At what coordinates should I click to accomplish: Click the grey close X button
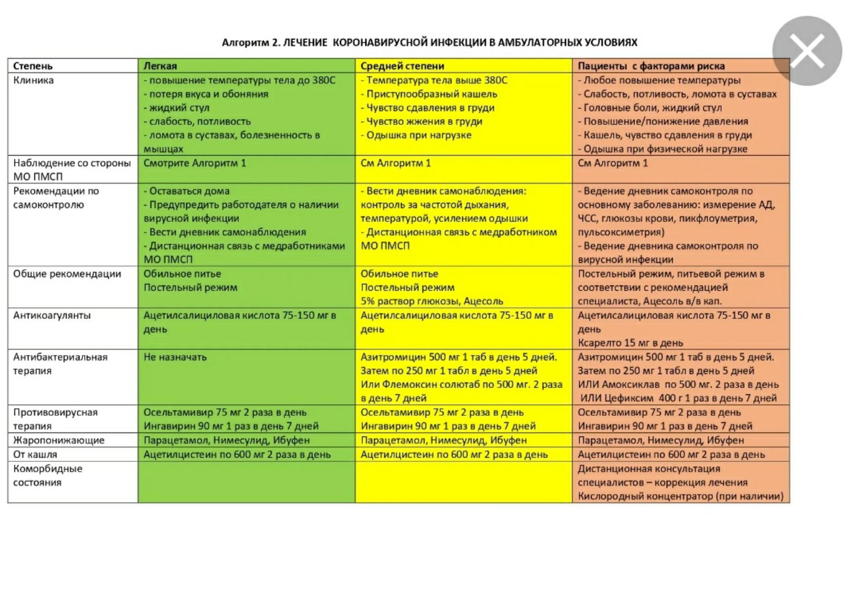tap(807, 51)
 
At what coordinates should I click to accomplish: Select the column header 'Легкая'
tap(160, 66)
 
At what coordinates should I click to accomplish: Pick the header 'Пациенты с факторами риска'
tap(651, 66)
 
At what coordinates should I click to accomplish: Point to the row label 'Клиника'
tap(33, 80)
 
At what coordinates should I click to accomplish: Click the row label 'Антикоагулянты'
tap(52, 315)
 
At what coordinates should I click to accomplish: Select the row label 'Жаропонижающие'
tap(59, 440)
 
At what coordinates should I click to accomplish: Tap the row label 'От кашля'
tap(35, 454)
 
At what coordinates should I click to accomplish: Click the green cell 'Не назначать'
tap(175, 357)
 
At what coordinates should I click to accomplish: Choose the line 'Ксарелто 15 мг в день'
tap(630, 343)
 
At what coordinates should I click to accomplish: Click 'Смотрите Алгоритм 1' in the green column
tap(194, 163)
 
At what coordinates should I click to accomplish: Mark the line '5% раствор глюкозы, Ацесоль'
tap(432, 301)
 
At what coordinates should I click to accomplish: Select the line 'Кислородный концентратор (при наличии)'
tap(680, 496)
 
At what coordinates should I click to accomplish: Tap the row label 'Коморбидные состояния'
tap(48, 475)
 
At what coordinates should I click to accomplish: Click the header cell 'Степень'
tap(33, 66)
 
